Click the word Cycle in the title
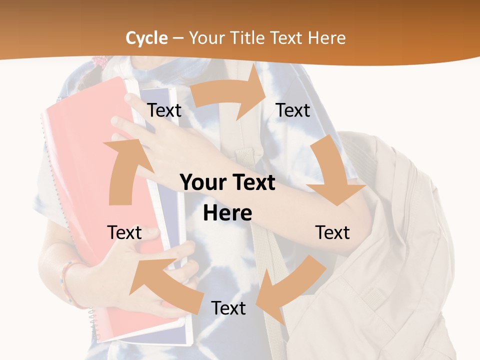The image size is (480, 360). [146, 38]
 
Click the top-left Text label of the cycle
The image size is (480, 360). [164, 110]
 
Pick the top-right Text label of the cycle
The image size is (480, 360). [293, 110]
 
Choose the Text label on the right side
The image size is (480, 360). [332, 232]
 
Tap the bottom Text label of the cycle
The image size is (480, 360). [228, 308]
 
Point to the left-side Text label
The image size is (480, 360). [124, 232]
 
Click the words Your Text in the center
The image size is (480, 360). [227, 183]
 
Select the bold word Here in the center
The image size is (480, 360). [227, 213]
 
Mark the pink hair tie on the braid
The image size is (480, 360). [100, 62]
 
